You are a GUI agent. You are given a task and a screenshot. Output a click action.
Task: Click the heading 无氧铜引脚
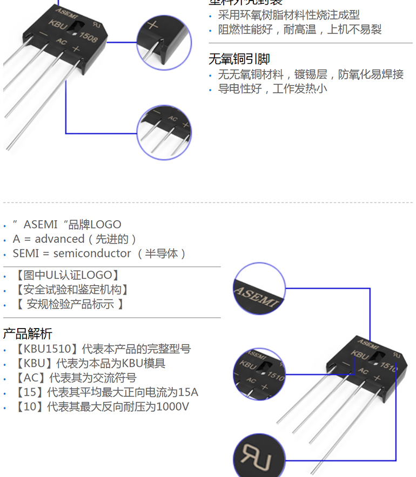pyautogui.click(x=239, y=59)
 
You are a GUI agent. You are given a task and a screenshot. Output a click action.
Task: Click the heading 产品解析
pyautogui.click(x=28, y=333)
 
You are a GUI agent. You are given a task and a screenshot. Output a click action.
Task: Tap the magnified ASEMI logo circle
pyautogui.click(x=259, y=290)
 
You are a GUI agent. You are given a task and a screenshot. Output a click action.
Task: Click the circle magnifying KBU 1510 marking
pyautogui.click(x=259, y=372)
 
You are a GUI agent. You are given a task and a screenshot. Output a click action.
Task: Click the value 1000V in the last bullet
pyautogui.click(x=172, y=406)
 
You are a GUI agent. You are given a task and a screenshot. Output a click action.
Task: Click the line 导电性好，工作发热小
pyautogui.click(x=272, y=89)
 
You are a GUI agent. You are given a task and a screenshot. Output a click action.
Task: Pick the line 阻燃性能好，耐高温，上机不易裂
pyautogui.click(x=300, y=30)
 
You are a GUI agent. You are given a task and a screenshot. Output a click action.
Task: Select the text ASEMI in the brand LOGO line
pyautogui.click(x=41, y=224)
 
